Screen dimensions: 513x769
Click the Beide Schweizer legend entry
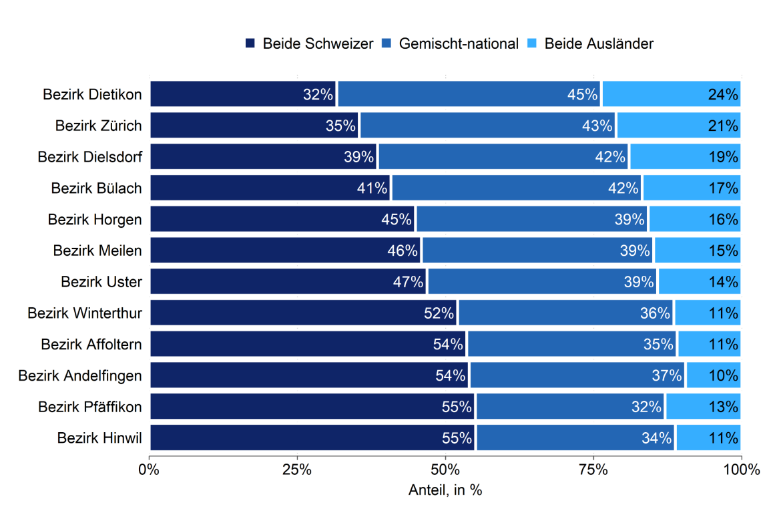(x=310, y=43)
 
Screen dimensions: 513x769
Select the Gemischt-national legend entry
(x=451, y=43)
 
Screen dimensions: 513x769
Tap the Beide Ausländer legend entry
(x=591, y=43)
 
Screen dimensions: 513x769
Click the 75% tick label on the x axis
(x=593, y=469)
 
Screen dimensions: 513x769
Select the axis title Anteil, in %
(x=445, y=490)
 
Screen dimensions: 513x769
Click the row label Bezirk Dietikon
(x=92, y=94)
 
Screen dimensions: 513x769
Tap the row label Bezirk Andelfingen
(x=80, y=375)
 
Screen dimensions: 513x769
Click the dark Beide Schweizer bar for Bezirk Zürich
(x=254, y=125)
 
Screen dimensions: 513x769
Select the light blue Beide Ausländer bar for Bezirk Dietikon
(x=671, y=94)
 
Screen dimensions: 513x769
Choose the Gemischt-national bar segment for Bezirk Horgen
(x=532, y=219)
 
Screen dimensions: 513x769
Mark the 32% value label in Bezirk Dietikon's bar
(x=318, y=94)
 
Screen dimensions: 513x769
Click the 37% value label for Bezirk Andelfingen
(x=668, y=375)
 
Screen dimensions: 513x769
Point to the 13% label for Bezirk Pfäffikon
(x=723, y=407)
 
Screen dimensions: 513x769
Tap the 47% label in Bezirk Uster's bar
(x=409, y=282)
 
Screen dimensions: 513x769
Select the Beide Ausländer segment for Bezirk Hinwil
(x=708, y=438)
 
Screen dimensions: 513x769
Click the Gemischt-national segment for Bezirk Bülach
(x=517, y=188)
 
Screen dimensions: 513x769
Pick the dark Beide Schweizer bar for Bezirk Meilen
(x=285, y=250)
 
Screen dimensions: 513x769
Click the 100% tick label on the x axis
(x=741, y=469)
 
